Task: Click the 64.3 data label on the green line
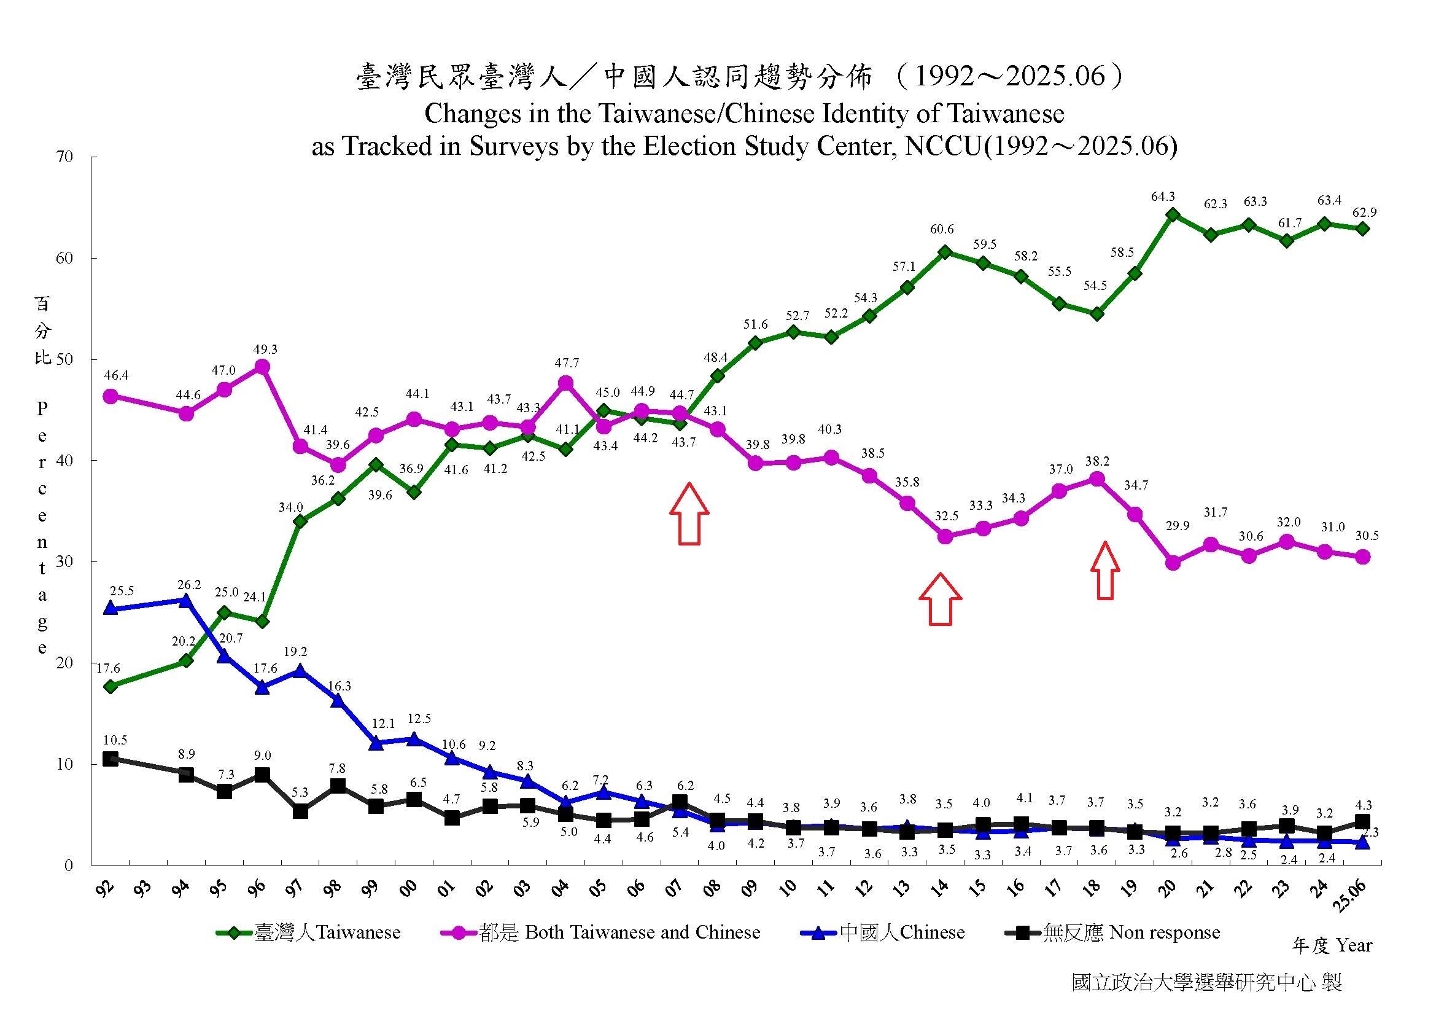coord(1163,197)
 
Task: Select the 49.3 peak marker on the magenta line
coord(263,367)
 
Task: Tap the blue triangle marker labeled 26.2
coord(186,601)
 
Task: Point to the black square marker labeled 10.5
coord(111,759)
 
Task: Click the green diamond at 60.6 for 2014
coord(945,252)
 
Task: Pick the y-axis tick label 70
coord(64,157)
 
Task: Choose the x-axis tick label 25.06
coord(1349,895)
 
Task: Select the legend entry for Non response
coord(1113,933)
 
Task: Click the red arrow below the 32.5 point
coord(940,600)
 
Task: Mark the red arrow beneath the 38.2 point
coord(1105,571)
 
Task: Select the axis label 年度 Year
coord(1332,945)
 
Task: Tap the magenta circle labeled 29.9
coord(1173,563)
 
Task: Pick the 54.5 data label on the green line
coord(1095,286)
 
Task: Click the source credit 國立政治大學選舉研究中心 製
coord(1207,983)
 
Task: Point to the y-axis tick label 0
coord(69,866)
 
